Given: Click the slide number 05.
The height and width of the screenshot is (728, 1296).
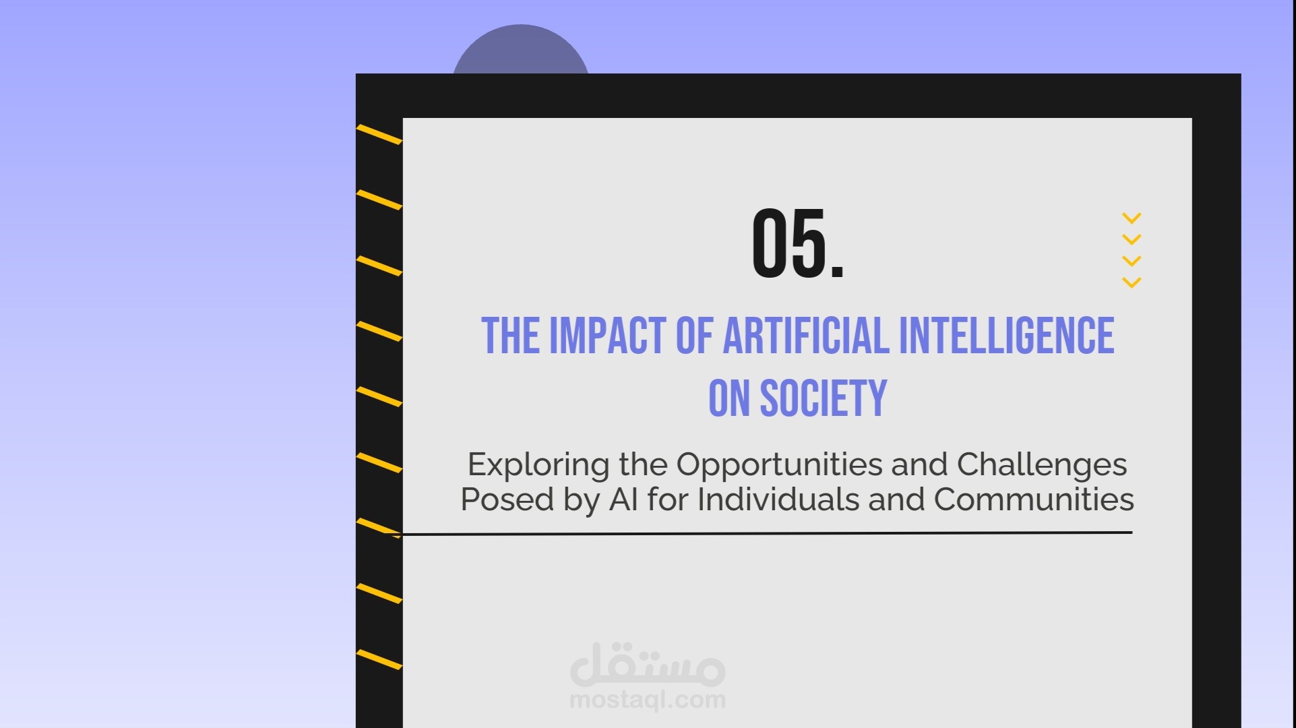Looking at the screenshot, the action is pyautogui.click(x=798, y=243).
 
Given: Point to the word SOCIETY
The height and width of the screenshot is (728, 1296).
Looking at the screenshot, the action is pyautogui.click(x=824, y=398).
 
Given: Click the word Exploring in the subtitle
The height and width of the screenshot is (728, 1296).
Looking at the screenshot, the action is pyautogui.click(x=538, y=465).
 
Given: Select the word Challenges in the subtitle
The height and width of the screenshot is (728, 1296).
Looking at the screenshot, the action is pyautogui.click(x=1042, y=465).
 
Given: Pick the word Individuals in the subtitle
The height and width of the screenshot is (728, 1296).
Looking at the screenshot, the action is pyautogui.click(x=778, y=499).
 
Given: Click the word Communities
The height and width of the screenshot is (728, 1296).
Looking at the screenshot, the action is pyautogui.click(x=1034, y=499).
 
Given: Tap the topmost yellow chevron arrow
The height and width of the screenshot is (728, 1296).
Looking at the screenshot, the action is pyautogui.click(x=1132, y=218).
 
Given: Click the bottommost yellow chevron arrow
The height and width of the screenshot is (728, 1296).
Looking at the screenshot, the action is pyautogui.click(x=1132, y=282).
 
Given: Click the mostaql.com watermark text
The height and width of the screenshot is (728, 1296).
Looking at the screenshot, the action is pyautogui.click(x=648, y=700).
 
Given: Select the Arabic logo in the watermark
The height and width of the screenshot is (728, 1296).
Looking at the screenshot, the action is pyautogui.click(x=648, y=664).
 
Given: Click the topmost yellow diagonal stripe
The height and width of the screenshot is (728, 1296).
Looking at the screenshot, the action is pyautogui.click(x=379, y=134).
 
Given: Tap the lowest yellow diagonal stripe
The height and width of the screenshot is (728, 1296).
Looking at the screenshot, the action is pyautogui.click(x=379, y=659).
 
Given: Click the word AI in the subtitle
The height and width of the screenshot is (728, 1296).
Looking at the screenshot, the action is pyautogui.click(x=623, y=499).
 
